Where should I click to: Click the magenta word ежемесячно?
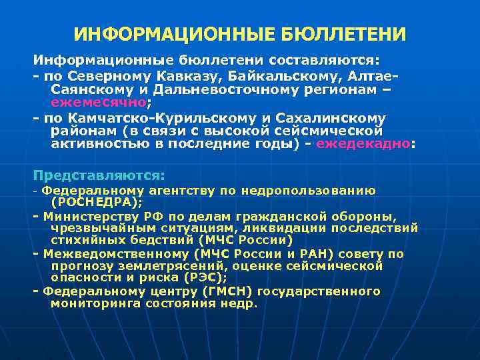tap(99, 103)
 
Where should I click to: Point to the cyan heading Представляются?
tap(98, 175)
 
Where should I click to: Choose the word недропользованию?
tap(310, 191)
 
